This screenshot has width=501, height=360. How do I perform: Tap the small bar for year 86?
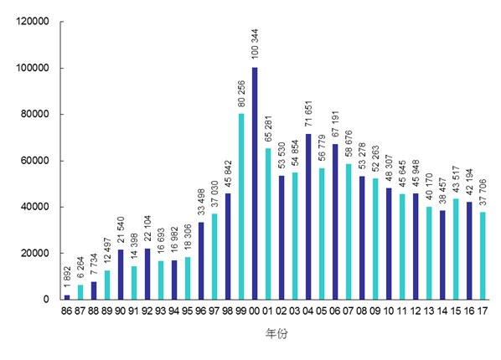click(x=67, y=297)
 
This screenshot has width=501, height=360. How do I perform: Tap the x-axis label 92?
click(x=147, y=311)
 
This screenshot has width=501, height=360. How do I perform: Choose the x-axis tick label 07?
click(x=349, y=311)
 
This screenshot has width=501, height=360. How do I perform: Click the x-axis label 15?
click(x=456, y=311)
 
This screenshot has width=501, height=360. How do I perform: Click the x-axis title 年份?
click(x=275, y=333)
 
